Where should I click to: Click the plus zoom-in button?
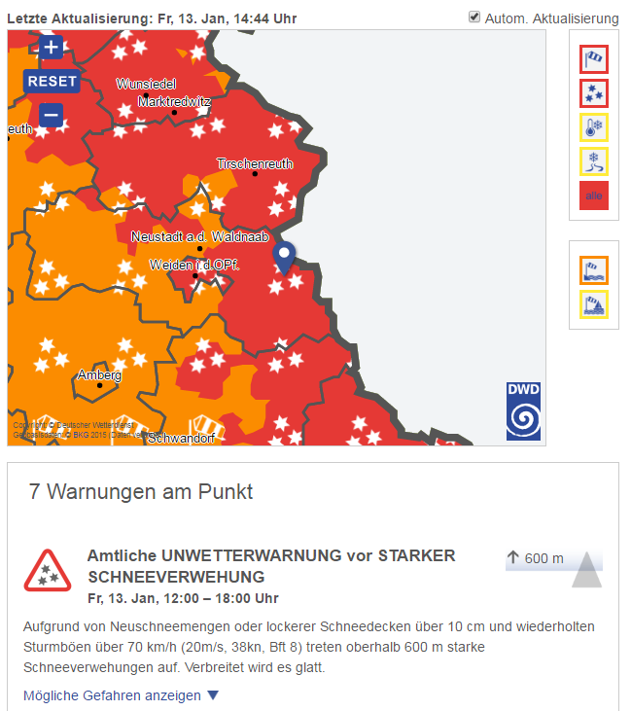(52, 47)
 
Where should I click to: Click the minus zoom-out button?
(52, 117)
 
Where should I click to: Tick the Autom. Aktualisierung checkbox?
(474, 18)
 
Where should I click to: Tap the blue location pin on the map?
(284, 258)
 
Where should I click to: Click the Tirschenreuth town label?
(254, 163)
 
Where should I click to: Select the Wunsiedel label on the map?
(148, 84)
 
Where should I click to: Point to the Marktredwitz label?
(175, 101)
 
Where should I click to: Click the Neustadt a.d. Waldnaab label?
(199, 236)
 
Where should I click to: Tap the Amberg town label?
(100, 374)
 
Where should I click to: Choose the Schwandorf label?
(182, 438)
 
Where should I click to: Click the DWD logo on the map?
(524, 411)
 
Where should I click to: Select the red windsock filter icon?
(593, 60)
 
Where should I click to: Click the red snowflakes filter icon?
(593, 93)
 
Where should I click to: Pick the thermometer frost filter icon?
(593, 127)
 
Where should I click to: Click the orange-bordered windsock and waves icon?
(593, 269)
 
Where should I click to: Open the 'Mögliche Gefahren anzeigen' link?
(122, 695)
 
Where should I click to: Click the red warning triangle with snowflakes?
(48, 570)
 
